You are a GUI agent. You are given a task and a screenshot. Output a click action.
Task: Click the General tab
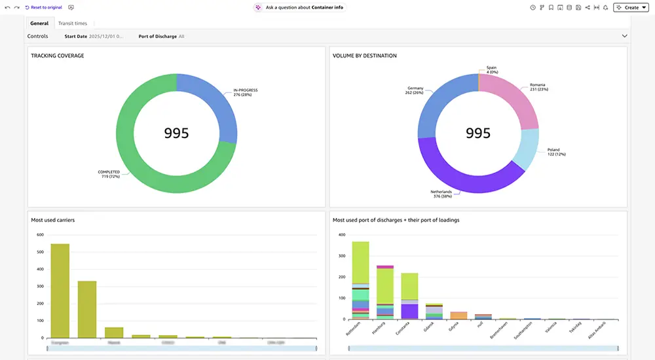tap(39, 24)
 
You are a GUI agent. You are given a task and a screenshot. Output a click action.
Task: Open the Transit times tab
tap(72, 24)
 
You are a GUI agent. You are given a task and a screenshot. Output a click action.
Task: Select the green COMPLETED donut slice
tap(144, 164)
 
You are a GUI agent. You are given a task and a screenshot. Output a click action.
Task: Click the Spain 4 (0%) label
tap(492, 69)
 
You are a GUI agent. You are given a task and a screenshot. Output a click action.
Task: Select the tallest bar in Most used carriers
tap(60, 291)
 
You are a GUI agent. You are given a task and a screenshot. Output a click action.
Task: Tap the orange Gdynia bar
tap(458, 315)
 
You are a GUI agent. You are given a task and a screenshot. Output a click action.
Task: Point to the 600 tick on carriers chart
tap(40, 235)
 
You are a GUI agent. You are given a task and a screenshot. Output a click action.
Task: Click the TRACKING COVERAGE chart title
tap(58, 56)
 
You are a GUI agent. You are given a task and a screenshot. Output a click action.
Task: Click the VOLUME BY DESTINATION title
tap(365, 56)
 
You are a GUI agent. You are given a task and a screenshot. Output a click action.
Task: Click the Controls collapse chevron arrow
tap(624, 37)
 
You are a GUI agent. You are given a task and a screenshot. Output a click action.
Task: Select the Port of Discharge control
tap(161, 37)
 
